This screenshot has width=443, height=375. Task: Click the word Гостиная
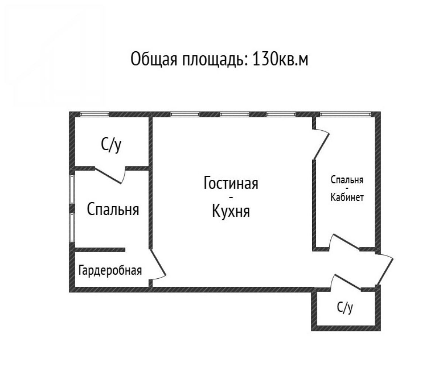tap(231, 183)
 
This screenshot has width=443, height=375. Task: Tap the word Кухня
tap(231, 211)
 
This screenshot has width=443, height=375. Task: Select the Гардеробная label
tap(110, 271)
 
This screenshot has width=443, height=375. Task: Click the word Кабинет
tap(347, 197)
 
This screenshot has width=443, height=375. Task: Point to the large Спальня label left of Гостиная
tap(113, 209)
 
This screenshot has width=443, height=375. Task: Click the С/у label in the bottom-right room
tap(345, 308)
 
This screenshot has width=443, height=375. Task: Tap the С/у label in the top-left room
tap(111, 146)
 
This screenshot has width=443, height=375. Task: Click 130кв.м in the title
tap(280, 59)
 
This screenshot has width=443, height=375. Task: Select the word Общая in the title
tap(154, 59)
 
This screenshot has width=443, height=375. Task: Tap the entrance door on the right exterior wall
tap(385, 270)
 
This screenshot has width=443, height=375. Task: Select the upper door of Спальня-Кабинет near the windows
tap(321, 144)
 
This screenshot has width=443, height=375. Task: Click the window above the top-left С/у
tap(95, 114)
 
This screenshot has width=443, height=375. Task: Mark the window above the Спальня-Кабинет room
tap(346, 114)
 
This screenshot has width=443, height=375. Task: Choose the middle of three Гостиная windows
tap(235, 114)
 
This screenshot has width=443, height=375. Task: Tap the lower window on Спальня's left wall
tap(72, 228)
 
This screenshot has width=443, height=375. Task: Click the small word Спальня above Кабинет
tap(347, 180)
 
